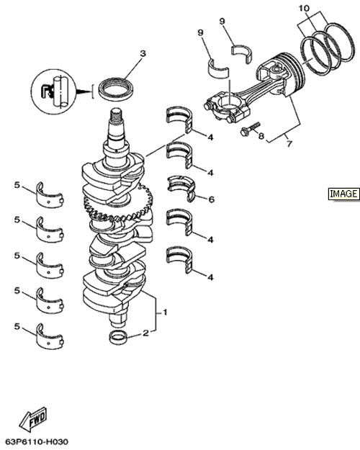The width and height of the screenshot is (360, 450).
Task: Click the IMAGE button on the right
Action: pos(343,194)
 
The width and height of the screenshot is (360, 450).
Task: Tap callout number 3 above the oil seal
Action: pos(143,53)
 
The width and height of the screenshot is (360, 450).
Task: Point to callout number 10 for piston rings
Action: pos(305,9)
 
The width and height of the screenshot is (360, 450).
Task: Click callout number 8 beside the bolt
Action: pos(261,135)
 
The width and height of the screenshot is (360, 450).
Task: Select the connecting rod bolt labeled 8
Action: pos(250,129)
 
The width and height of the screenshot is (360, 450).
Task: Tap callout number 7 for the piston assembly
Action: pos(289,144)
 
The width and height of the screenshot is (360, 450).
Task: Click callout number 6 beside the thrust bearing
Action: pos(211,199)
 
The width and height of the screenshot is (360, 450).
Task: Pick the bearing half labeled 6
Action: pos(181,188)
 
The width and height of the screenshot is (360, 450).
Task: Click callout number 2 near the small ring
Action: pos(146,333)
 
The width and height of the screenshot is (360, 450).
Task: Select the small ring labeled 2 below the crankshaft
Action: pos(118,338)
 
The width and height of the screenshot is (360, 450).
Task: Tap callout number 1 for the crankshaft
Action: pos(165,312)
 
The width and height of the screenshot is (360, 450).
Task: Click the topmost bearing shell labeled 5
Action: pos(50,194)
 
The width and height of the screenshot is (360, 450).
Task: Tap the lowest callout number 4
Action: pos(210,277)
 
